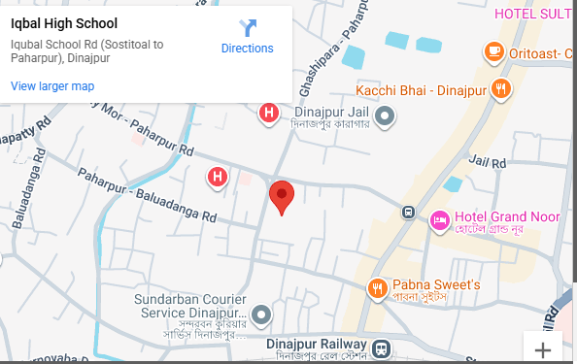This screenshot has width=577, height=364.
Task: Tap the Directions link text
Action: coord(247,49)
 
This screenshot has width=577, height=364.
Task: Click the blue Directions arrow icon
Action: coord(248,27)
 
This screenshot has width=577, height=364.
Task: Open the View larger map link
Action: coord(52,86)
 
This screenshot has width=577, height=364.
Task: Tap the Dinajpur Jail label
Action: coord(328,113)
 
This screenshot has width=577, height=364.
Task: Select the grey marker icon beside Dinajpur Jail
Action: coord(386,117)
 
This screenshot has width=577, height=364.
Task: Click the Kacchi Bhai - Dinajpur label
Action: coord(420,90)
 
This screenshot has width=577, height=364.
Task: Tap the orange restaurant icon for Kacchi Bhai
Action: coord(502,89)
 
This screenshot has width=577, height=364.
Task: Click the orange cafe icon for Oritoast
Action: coord(494,50)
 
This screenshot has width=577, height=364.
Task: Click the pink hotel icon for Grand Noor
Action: coord(440,221)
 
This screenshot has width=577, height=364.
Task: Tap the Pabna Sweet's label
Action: coord(437,285)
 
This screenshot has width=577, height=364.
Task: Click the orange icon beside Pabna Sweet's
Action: coord(377,288)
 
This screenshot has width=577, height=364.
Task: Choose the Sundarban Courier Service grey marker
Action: coord(261,314)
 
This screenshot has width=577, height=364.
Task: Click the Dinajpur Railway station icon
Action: coord(383,347)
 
